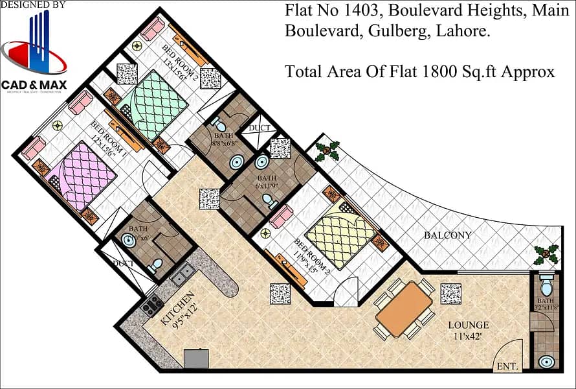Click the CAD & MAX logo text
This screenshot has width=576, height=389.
[34, 84]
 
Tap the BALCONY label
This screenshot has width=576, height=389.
[447, 235]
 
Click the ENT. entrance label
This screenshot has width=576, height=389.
[507, 367]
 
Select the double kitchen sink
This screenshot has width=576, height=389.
[182, 274]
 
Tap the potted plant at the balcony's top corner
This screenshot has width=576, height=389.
[327, 152]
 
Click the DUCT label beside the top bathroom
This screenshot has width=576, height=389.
[260, 128]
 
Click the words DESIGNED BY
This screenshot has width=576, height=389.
[34, 5]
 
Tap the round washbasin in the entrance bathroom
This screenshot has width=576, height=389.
[547, 360]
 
